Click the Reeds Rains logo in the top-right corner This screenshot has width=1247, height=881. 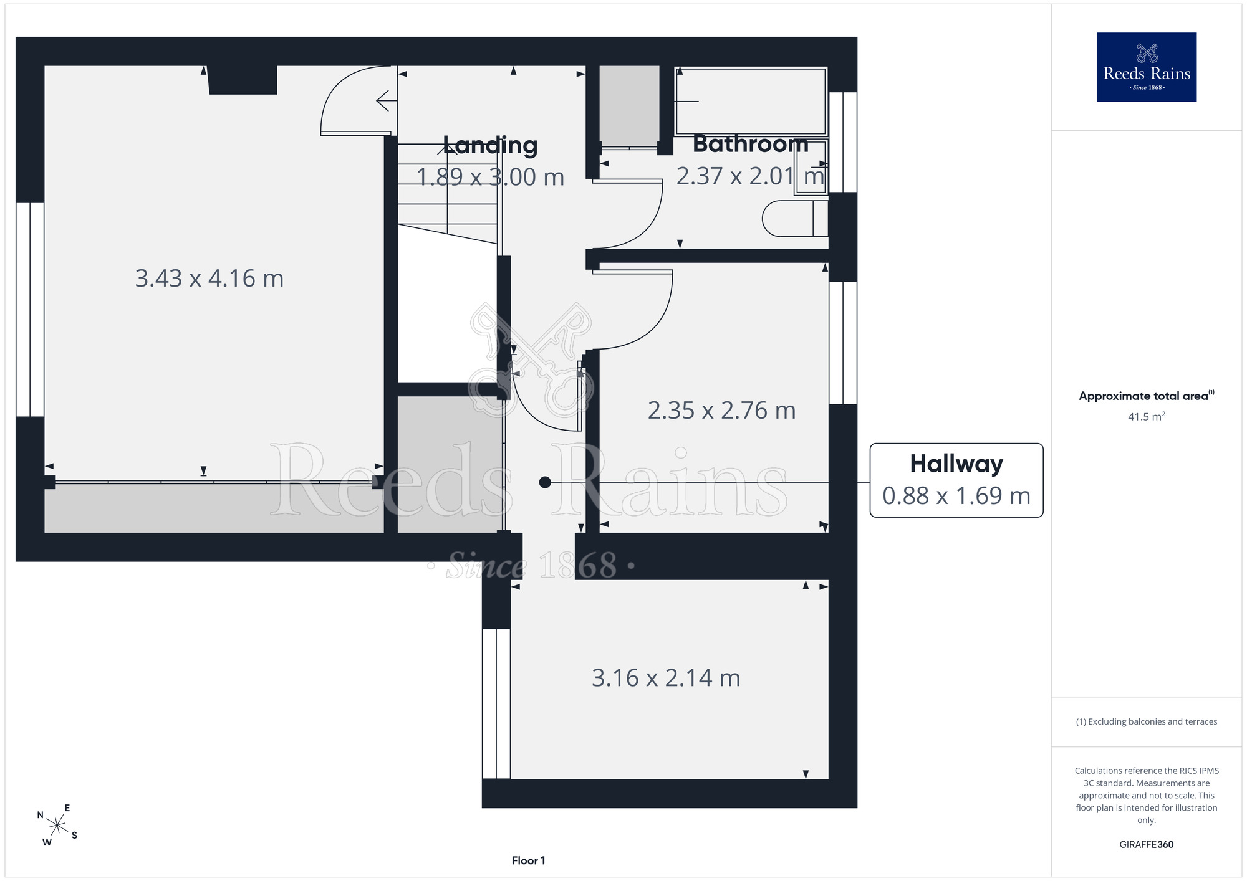pos(1146,67)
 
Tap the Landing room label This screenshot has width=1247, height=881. pos(490,145)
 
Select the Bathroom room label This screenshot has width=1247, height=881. pos(750,144)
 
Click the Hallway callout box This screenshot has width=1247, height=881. pos(956,480)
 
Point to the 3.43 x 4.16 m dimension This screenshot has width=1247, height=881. pos(209,278)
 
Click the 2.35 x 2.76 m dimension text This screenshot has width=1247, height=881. pos(721,410)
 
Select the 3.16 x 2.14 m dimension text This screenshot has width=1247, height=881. pos(666,677)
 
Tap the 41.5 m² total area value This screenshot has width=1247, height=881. pos(1146,416)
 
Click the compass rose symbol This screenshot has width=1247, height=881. pos(57,826)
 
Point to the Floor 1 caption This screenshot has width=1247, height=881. pos(528,860)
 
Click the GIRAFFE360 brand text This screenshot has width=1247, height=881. pos(1146,844)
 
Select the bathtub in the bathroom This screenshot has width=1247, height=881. pos(751,101)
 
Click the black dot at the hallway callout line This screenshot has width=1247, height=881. pos(545,482)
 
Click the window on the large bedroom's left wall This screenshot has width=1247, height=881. pos(30,310)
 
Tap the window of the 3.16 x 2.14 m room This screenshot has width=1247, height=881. pos(496,703)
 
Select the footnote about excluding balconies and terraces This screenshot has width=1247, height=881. pos(1146,721)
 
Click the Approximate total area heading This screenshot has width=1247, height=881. pos(1146,396)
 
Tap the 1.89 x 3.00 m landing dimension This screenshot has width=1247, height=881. pos(490,177)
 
